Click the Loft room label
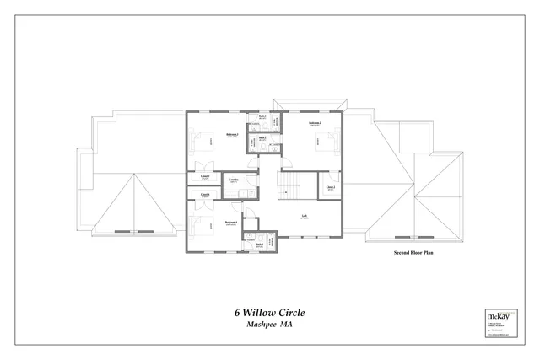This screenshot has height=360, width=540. point(304,214)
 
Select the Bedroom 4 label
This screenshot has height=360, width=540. point(230,223)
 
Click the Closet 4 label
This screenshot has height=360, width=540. point(206,195)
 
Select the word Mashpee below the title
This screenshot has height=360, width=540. point(261,325)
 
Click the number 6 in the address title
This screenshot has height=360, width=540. point(237,313)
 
